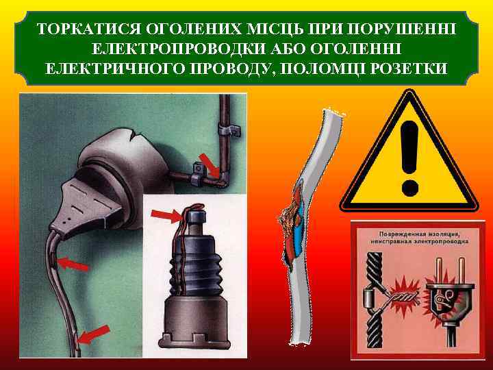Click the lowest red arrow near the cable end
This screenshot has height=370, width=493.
point(93,334)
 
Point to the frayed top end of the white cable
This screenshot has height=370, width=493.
point(334,111)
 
